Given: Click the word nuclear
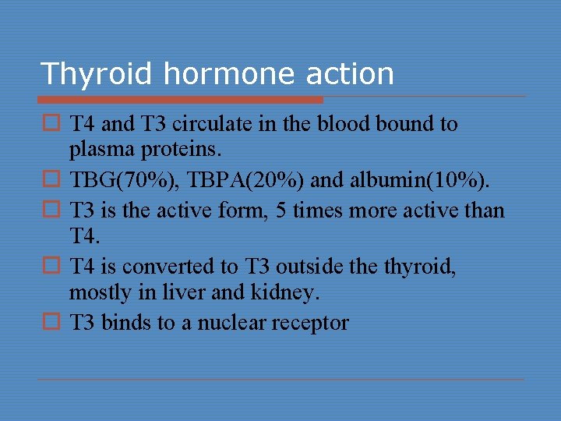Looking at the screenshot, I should [236, 323].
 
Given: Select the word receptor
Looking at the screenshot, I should [313, 323].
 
